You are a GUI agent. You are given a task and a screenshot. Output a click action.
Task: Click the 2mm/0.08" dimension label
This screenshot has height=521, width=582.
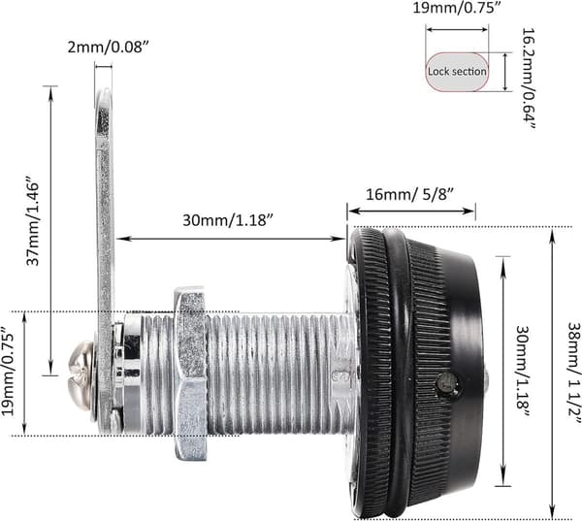pyautogui.click(x=108, y=48)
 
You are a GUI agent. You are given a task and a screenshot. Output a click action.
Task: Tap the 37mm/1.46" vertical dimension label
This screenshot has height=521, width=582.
pyautogui.click(x=33, y=223)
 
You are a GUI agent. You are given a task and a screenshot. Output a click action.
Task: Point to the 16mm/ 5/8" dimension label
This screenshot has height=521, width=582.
pyautogui.click(x=410, y=194)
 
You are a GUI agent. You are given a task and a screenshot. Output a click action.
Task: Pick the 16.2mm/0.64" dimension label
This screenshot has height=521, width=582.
pyautogui.click(x=529, y=79)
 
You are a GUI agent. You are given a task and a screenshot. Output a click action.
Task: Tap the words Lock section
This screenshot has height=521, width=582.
pyautogui.click(x=457, y=71)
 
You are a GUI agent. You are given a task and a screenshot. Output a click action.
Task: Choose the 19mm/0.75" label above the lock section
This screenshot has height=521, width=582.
pyautogui.click(x=457, y=8)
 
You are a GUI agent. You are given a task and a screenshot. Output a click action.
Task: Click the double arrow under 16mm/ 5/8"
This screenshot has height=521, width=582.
pyautogui.click(x=411, y=211)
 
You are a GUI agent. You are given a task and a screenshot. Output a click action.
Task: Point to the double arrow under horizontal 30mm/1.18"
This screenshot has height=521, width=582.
pyautogui.click(x=231, y=239)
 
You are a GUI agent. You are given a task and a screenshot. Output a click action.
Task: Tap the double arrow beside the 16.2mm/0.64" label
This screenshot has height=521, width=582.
pyautogui.click(x=505, y=72)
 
